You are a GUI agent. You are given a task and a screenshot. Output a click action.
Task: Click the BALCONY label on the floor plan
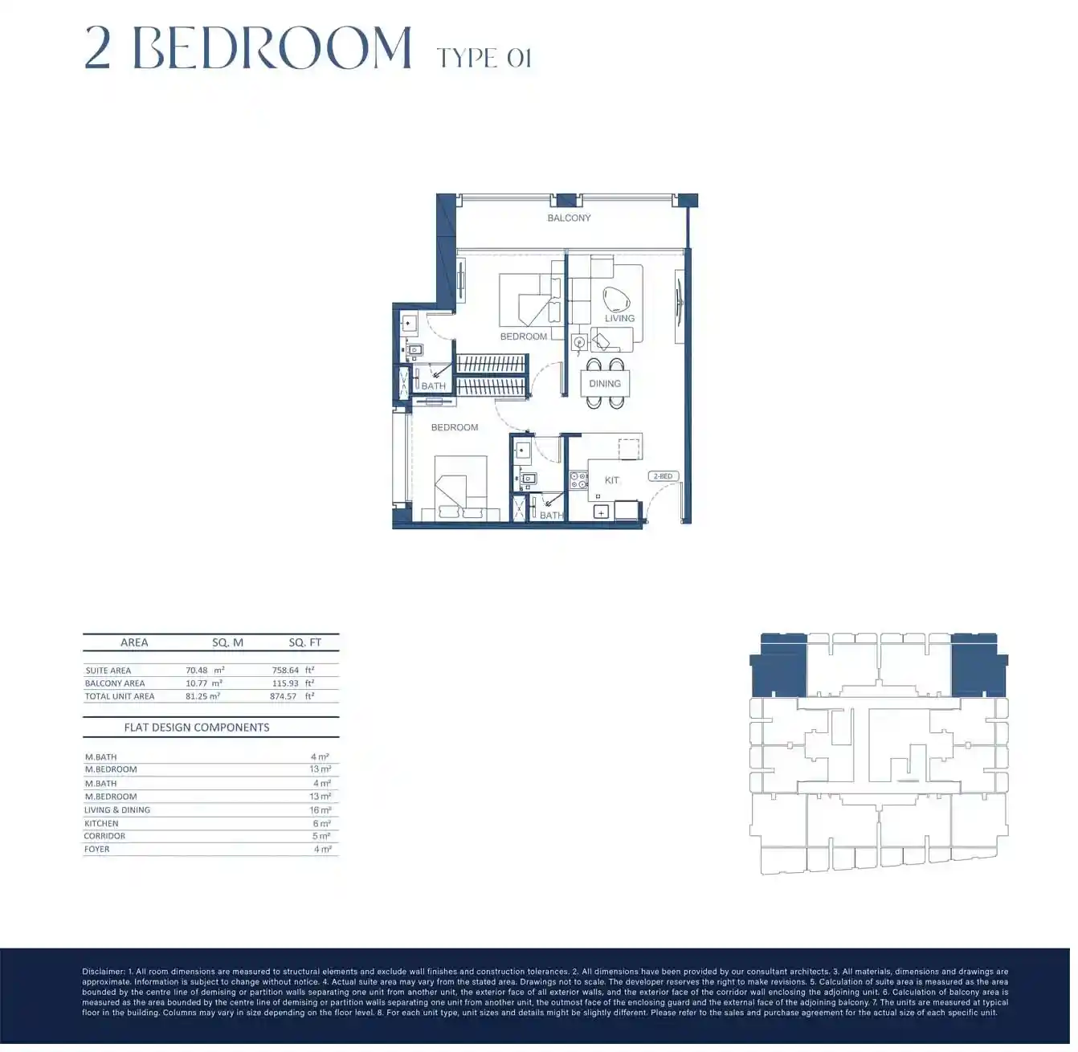point(569,218)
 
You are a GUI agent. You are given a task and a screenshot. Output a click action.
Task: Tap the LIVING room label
point(619,318)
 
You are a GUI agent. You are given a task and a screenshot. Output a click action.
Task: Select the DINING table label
point(605,384)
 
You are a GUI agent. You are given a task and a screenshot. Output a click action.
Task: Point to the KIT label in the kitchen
point(611,480)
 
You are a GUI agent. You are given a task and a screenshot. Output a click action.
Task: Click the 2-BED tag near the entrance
point(663,476)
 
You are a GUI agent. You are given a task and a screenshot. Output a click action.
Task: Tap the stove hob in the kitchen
point(579,480)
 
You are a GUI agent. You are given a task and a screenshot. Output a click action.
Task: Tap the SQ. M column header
point(227,642)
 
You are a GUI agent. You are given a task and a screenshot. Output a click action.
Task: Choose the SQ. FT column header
point(304,642)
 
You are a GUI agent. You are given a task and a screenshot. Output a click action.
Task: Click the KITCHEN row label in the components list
point(101,823)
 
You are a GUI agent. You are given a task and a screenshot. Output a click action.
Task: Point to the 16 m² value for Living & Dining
point(321,810)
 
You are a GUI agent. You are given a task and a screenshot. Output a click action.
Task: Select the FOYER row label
point(97,849)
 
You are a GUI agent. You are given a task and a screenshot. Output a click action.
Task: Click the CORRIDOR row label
point(104,836)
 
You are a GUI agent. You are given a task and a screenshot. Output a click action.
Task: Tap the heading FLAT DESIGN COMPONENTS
point(197,728)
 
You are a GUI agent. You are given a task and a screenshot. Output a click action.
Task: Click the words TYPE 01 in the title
point(484,58)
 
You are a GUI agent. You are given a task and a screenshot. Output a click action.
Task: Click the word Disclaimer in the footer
point(103,972)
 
